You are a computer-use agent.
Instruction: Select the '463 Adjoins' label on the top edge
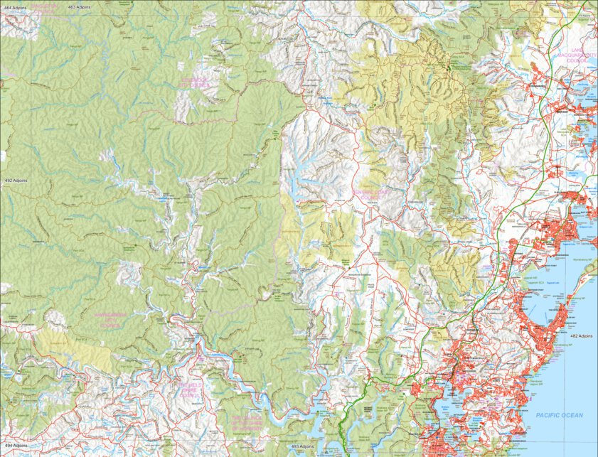point(82,6)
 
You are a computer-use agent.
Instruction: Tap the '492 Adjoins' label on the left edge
point(14,181)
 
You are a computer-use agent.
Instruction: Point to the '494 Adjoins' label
point(14,446)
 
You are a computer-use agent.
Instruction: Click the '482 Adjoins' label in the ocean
point(581,335)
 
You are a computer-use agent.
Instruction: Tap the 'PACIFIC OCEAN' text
point(560,415)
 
